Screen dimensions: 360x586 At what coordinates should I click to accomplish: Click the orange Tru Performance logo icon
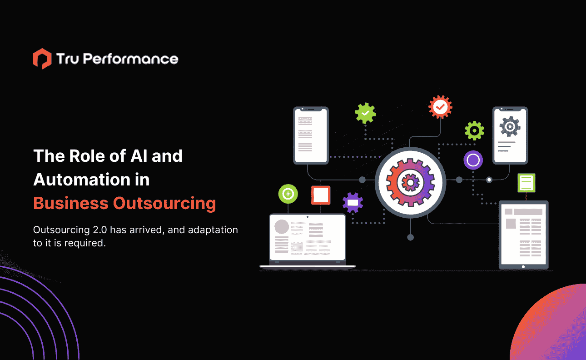click(x=42, y=59)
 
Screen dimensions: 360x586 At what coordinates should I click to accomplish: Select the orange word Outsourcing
click(x=164, y=203)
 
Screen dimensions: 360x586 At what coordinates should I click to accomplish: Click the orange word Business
click(x=70, y=203)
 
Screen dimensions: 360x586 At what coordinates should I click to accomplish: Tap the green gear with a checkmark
click(x=366, y=113)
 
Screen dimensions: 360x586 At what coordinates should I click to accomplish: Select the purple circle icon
click(x=473, y=160)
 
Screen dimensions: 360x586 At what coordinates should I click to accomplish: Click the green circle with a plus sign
click(x=288, y=194)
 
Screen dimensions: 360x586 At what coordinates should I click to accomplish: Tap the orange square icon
click(x=321, y=195)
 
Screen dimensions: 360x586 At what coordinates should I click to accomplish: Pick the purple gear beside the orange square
click(x=353, y=202)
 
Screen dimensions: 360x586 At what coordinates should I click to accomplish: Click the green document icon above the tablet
click(x=526, y=183)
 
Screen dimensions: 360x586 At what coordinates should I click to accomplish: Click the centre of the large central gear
click(x=410, y=182)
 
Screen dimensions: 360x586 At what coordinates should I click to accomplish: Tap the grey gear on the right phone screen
click(x=510, y=126)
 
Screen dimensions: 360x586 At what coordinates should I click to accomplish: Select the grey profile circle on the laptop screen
click(x=282, y=226)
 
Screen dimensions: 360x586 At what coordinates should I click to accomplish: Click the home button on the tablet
click(x=523, y=267)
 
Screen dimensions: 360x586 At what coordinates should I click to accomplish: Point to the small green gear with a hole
click(x=474, y=131)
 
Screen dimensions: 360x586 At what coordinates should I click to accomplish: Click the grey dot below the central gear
click(x=410, y=237)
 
